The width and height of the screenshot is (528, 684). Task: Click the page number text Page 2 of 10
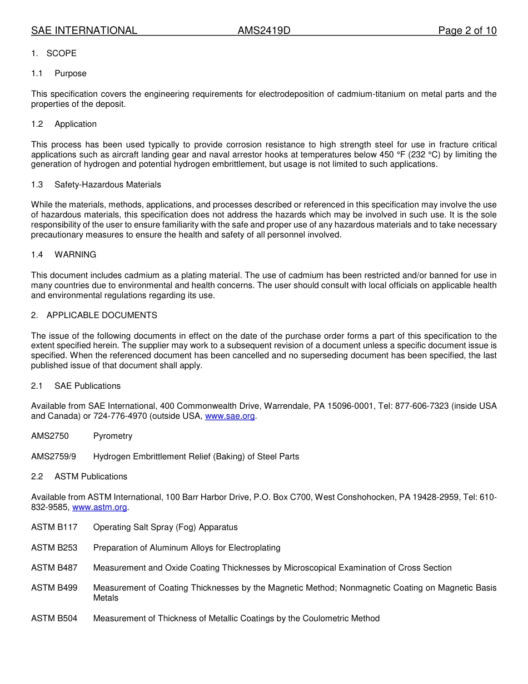click(x=467, y=31)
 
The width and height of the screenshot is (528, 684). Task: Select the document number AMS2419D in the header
click(x=264, y=31)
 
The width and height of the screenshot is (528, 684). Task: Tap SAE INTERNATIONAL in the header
click(x=84, y=31)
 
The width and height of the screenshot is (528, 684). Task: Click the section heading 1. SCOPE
click(x=54, y=53)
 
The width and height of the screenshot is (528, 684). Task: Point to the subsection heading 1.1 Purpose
click(x=59, y=73)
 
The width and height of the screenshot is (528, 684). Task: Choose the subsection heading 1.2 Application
click(x=64, y=124)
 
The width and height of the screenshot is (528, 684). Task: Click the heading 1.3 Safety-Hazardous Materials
click(x=96, y=185)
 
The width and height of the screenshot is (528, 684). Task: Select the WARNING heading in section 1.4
click(x=75, y=255)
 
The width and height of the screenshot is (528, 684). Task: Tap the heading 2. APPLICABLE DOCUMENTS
click(x=94, y=315)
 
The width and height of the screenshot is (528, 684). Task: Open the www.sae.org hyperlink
click(x=230, y=417)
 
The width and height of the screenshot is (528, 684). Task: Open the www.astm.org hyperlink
click(x=99, y=507)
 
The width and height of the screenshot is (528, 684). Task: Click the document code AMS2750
click(x=50, y=437)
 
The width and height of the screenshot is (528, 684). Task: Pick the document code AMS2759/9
click(x=53, y=457)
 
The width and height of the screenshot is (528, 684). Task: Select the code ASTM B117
click(x=54, y=527)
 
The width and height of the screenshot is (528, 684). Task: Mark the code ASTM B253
click(x=54, y=548)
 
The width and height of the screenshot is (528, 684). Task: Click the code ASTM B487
click(x=54, y=568)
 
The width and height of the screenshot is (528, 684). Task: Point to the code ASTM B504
click(x=54, y=618)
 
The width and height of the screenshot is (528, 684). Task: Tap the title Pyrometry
click(x=113, y=437)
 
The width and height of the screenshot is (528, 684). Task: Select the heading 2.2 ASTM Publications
click(x=79, y=477)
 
